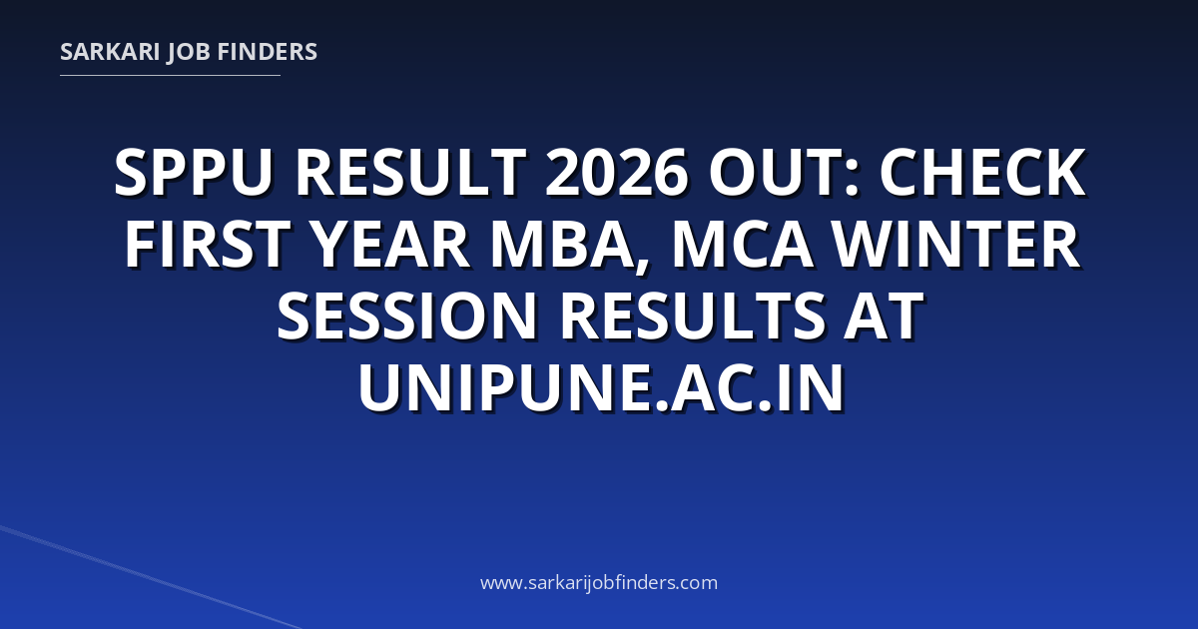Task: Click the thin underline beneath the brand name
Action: coord(170,76)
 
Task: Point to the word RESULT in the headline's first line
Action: coord(410,173)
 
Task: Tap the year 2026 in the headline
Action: coord(617,173)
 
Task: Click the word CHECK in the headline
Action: coord(983,173)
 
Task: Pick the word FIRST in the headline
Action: coord(208,245)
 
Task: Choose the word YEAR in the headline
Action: coord(391,245)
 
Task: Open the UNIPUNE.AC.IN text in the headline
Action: coord(601,387)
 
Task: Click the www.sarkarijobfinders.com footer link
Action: coord(599,582)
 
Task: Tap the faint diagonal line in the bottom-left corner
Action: coord(151,578)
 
